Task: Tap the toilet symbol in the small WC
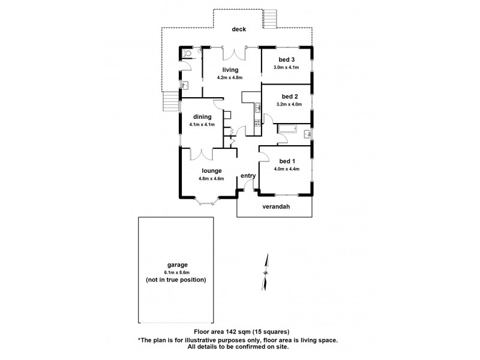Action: pyautogui.click(x=187, y=53)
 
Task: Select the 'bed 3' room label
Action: pyautogui.click(x=286, y=59)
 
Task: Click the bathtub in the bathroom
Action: pyautogui.click(x=289, y=129)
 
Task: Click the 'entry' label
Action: pyautogui.click(x=248, y=176)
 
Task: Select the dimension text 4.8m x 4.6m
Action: pyautogui.click(x=211, y=178)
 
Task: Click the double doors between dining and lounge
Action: pyautogui.click(x=202, y=155)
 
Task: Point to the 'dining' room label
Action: pyautogui.click(x=202, y=116)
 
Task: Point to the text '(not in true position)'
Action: pyautogui.click(x=176, y=280)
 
